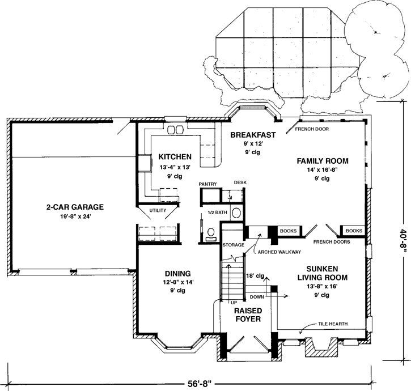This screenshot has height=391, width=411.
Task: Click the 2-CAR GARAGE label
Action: tap(75, 207)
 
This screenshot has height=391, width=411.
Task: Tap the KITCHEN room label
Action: tap(175, 156)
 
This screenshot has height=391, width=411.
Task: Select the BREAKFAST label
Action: tap(253, 135)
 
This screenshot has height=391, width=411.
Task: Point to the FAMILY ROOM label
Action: tap(323, 161)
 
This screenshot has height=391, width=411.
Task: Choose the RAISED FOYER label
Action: tap(247, 314)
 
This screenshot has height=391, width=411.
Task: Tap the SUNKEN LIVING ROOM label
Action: tap(323, 273)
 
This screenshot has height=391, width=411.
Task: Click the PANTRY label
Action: tap(209, 184)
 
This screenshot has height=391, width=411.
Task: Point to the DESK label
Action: tap(240, 182)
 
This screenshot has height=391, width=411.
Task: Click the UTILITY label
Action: tap(157, 211)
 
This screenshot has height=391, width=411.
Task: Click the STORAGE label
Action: tap(233, 245)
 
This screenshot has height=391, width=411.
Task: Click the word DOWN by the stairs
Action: tap(257, 296)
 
